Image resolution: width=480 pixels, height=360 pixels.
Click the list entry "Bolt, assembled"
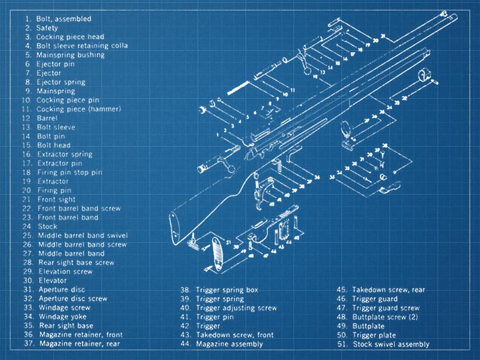pos(63,19)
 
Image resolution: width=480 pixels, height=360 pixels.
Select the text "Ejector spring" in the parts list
pos(61,82)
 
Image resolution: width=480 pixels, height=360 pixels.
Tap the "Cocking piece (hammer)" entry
pos(79,109)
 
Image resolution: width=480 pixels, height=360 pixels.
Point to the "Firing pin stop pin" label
pos(69,173)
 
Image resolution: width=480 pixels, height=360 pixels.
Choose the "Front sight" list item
pos(57,200)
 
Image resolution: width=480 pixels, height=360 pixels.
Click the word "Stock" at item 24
pos(48,227)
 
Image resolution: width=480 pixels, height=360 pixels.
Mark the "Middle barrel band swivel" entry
pos(83,236)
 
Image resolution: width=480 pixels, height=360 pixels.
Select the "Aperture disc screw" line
pos(73,299)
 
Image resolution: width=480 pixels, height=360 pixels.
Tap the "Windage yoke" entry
pos(62,317)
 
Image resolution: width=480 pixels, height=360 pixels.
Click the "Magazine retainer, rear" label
pos(79,343)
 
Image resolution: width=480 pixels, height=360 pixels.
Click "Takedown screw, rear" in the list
pos(388,290)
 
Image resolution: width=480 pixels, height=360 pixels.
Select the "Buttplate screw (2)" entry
pos(385,317)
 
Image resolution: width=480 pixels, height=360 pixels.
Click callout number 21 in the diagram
pos(383,36)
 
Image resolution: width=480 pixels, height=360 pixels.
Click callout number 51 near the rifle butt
pos(228,242)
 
